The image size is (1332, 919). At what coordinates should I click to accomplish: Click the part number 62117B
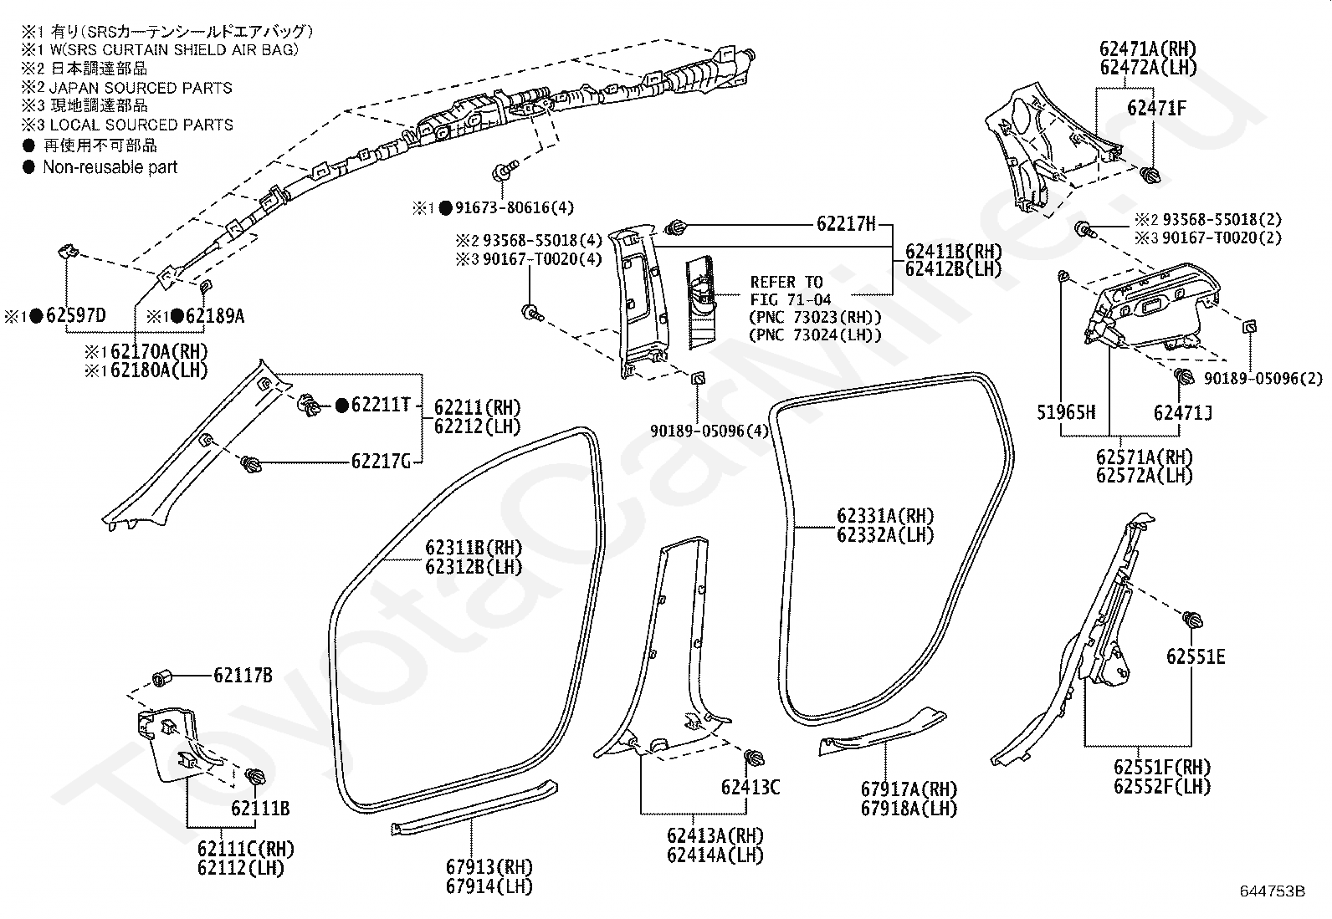pos(243,676)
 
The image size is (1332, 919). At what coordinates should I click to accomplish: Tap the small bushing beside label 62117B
pos(161,678)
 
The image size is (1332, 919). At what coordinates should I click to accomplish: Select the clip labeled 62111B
pos(255,776)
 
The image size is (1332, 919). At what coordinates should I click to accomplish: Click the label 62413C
pos(751,787)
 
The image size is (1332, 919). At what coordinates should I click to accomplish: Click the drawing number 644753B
pos(1273,891)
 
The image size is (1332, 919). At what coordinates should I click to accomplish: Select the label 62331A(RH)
pos(885,515)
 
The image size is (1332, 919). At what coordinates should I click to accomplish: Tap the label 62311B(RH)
pos(474,548)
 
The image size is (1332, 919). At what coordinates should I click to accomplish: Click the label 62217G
pos(382,462)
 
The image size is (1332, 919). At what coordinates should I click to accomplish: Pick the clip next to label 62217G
pos(252,463)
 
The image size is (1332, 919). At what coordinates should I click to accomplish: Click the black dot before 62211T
pos(342,406)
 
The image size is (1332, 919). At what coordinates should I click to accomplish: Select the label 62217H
pos(846,224)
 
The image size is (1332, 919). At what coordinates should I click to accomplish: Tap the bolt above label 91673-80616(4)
pos(505,170)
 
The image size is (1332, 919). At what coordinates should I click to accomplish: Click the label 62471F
pos(1156,108)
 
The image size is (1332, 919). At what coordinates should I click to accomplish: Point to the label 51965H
pos(1066,412)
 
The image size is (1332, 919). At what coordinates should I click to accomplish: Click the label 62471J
pos(1183,412)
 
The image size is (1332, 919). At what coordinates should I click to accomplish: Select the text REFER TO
pos(786,282)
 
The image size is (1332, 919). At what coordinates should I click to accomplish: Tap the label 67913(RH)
pos(489,866)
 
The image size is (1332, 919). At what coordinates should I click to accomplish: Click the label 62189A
pos(215,315)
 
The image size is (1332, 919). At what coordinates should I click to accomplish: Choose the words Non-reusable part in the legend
pos(110,167)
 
